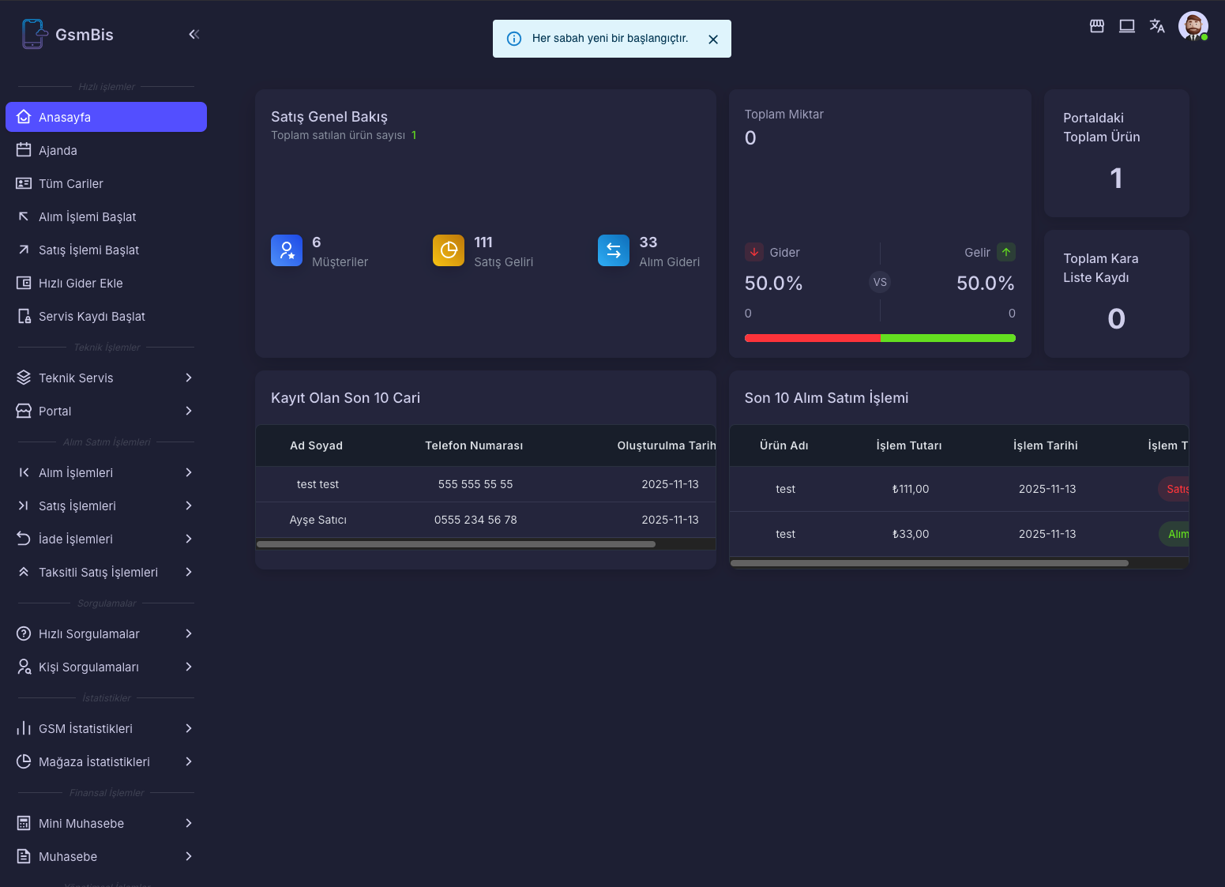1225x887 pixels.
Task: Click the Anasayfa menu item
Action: pyautogui.click(x=106, y=117)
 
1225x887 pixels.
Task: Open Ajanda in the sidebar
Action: pyautogui.click(x=58, y=150)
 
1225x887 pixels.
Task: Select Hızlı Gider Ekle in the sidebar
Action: pyautogui.click(x=80, y=283)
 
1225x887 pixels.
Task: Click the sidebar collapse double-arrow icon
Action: pyautogui.click(x=194, y=34)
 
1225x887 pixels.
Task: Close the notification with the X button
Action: pyautogui.click(x=712, y=39)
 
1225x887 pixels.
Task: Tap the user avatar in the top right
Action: pyautogui.click(x=1192, y=26)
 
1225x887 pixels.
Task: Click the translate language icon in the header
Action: pyautogui.click(x=1156, y=26)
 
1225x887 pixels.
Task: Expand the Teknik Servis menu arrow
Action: pyautogui.click(x=188, y=378)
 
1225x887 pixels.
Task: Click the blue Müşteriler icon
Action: pyautogui.click(x=287, y=250)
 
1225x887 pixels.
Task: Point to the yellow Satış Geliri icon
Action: pyautogui.click(x=449, y=250)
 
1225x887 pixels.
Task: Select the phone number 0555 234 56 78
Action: pyautogui.click(x=475, y=520)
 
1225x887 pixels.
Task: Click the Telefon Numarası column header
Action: pyautogui.click(x=474, y=445)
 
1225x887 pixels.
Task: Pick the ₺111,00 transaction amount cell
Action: pyautogui.click(x=910, y=489)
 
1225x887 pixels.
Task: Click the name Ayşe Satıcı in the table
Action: pyautogui.click(x=318, y=520)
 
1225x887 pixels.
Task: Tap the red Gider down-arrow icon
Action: pyautogui.click(x=753, y=252)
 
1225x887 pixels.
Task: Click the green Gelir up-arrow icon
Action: pyautogui.click(x=1005, y=252)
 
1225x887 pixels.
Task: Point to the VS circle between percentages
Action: pyautogui.click(x=880, y=282)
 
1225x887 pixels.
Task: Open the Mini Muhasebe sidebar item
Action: pyautogui.click(x=81, y=823)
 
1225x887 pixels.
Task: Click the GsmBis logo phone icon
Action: pyautogui.click(x=33, y=34)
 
